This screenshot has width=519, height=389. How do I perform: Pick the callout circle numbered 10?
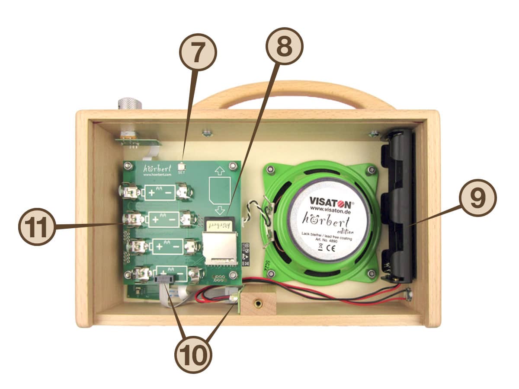193,354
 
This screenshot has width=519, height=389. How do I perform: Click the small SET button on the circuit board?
182,165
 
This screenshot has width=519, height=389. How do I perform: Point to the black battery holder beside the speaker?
398,207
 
